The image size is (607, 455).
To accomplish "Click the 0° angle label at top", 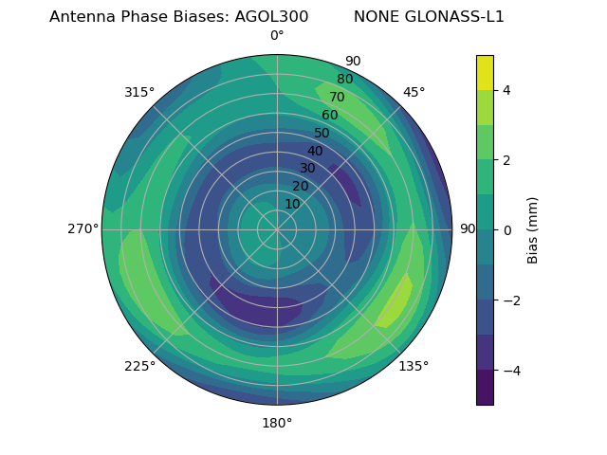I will [x=277, y=36].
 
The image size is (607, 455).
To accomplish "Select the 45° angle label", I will [x=414, y=92].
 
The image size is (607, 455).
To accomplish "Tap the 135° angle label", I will [x=414, y=366].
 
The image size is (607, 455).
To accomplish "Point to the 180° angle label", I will [x=277, y=423].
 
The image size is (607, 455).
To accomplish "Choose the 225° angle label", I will [x=139, y=366].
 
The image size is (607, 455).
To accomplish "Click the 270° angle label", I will [x=83, y=228].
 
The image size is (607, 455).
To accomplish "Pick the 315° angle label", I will [x=139, y=92].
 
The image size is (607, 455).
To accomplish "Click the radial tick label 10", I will [x=292, y=204].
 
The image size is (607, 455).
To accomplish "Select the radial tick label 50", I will [x=322, y=134].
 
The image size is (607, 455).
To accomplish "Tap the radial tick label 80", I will [x=345, y=80].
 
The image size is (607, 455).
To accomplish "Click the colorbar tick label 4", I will [x=506, y=90].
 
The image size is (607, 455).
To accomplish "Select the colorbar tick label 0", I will [x=506, y=229].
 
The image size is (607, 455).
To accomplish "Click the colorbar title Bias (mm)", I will [x=533, y=229].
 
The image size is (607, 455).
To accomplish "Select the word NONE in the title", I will [x=374, y=17].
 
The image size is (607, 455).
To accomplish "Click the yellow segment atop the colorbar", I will [x=485, y=72].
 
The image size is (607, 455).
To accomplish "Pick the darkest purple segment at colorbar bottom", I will [x=485, y=388].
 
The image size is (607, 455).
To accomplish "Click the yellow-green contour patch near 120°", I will [x=396, y=301].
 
